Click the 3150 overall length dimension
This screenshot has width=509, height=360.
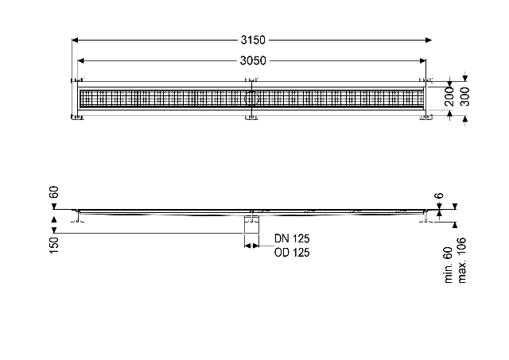(253, 40)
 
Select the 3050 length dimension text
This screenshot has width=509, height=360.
(253, 60)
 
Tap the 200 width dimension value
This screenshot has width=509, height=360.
(449, 96)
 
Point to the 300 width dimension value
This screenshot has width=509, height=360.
(464, 96)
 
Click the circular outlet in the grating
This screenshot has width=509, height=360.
(251, 98)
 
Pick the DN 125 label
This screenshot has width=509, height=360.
(292, 238)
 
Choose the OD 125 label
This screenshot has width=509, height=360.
(292, 253)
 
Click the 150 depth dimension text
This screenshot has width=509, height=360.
(54, 245)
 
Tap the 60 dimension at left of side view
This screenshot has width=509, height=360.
(54, 192)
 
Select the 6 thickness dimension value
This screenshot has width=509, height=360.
(439, 195)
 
